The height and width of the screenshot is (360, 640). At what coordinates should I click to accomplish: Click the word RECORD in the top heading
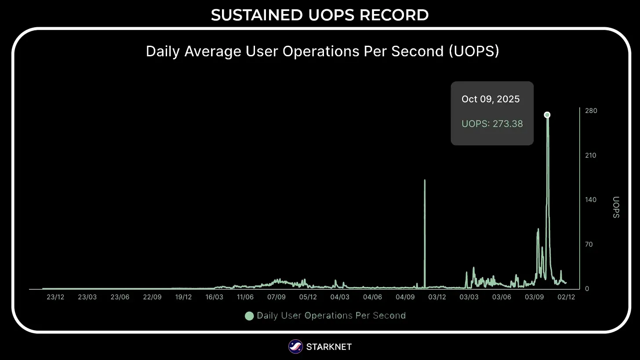tap(394, 15)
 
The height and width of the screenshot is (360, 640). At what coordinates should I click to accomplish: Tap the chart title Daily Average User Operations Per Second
tap(322, 51)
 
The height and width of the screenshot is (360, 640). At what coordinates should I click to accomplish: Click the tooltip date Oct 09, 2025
tap(491, 99)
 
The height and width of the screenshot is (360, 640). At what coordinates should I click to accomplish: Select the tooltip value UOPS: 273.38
tap(492, 124)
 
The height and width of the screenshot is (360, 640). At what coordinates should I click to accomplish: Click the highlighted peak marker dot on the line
tap(547, 115)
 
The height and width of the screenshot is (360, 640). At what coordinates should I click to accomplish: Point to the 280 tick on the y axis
tap(591, 111)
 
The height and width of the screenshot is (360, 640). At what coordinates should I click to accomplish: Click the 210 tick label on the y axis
tap(591, 155)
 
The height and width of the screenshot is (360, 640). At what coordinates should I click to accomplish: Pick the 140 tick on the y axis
tap(591, 200)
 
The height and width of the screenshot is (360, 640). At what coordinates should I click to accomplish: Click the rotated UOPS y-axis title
tap(616, 207)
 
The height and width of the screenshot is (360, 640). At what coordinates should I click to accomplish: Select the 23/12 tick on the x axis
tap(55, 297)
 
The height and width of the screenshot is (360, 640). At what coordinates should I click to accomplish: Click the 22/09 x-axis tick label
tap(152, 297)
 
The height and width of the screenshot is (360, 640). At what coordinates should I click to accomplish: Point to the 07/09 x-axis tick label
tap(276, 297)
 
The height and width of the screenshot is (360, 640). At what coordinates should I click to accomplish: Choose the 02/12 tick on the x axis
tap(566, 297)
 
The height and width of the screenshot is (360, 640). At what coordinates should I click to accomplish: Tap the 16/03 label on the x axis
tap(214, 297)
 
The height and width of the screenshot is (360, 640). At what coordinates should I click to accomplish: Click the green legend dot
tap(249, 316)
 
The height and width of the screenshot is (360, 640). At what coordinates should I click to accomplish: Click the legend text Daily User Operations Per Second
tap(331, 316)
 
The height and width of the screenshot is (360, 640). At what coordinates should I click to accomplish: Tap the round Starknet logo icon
tap(295, 347)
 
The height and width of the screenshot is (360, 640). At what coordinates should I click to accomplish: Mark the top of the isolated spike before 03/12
tap(425, 180)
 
